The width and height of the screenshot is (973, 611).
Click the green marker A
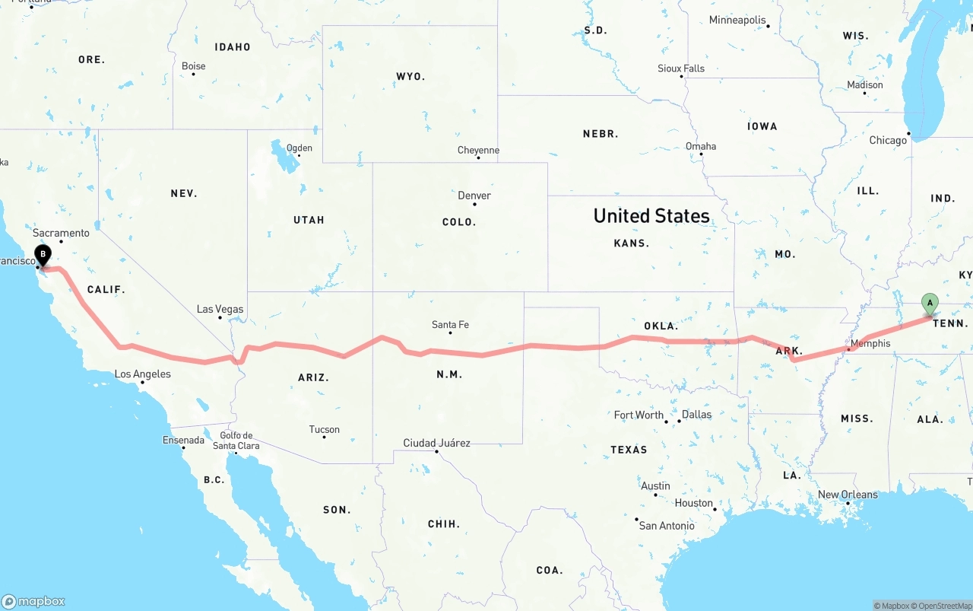click(929, 304)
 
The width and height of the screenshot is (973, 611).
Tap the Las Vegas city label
click(220, 309)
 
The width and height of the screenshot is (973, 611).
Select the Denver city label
click(474, 196)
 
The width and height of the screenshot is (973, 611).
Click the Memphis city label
click(870, 343)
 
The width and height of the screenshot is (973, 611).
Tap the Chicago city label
click(887, 140)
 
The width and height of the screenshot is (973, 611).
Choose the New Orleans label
click(848, 495)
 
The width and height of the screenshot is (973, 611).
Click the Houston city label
click(693, 503)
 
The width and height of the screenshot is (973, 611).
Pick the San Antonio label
click(666, 526)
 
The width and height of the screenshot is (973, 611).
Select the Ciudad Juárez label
click(436, 443)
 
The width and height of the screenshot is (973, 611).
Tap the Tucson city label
click(324, 429)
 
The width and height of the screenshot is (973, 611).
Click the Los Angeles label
click(142, 374)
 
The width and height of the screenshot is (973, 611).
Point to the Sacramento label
click(61, 233)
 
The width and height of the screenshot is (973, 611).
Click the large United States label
click(651, 216)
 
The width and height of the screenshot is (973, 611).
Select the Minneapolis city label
click(737, 20)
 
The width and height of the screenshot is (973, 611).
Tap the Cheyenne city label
click(478, 150)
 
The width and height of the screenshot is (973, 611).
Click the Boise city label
click(193, 66)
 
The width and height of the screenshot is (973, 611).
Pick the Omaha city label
click(700, 146)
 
